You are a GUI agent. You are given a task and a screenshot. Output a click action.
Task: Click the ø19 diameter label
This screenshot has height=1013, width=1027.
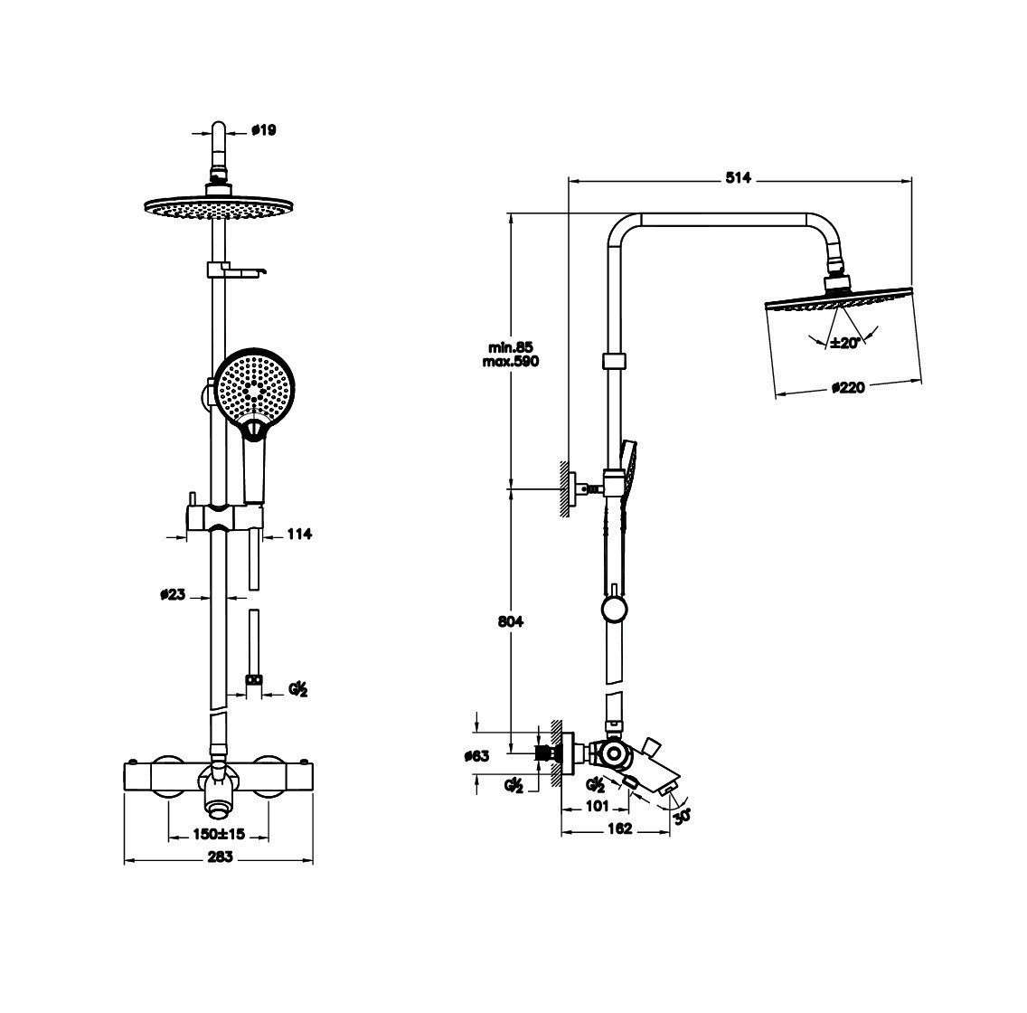[264, 130]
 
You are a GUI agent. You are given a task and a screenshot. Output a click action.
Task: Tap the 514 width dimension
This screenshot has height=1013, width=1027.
[738, 178]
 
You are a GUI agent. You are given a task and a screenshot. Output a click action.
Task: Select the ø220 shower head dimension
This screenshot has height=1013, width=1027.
[848, 388]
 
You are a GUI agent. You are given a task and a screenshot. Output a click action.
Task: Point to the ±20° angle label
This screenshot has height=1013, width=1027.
[844, 343]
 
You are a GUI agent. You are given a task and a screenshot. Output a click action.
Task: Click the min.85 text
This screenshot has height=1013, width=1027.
[511, 347]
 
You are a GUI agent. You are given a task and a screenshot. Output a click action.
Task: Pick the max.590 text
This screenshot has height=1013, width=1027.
[511, 362]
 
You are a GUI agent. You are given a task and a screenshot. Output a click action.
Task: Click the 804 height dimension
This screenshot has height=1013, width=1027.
[510, 621]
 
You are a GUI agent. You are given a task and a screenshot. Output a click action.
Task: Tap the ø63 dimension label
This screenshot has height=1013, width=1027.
[476, 756]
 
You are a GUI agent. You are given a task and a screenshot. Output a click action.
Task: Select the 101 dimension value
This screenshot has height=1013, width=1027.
[597, 806]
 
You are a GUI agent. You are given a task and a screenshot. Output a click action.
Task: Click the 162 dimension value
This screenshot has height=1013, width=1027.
[619, 828]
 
